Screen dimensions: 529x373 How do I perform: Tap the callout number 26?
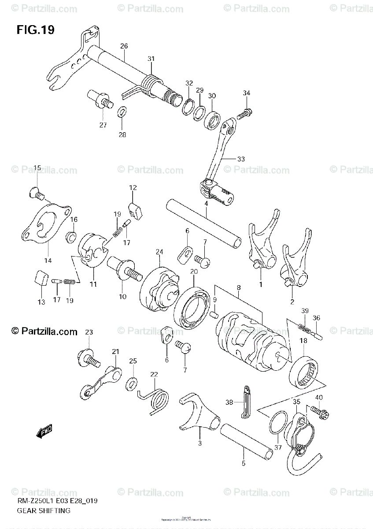click(x=124, y=46)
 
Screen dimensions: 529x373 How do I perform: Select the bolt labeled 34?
click(x=244, y=113)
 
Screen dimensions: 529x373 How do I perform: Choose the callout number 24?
click(x=159, y=252)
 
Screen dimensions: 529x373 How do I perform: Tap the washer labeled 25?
click(x=131, y=383)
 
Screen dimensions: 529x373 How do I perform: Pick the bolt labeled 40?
click(x=318, y=412)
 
